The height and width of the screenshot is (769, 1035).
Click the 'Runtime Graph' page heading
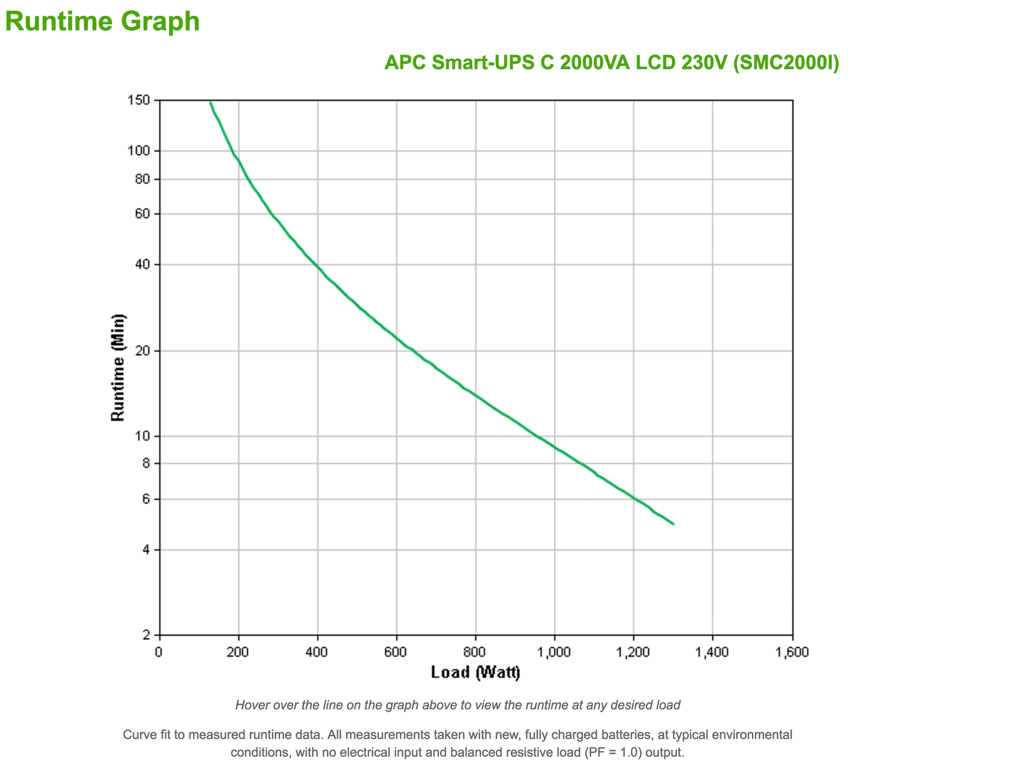coord(102,21)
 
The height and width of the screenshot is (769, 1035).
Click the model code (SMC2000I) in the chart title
coord(786,62)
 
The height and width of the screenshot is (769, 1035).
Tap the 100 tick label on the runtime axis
coord(141,151)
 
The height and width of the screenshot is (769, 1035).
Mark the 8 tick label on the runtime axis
coord(147,464)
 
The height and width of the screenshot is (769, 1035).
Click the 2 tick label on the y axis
coord(147,635)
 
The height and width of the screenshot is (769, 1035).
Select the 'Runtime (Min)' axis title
coord(118,368)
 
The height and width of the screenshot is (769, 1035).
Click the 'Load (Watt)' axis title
coord(476,672)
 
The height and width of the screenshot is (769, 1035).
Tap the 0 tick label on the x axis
coord(159,652)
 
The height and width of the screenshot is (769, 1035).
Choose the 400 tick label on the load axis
coord(317,652)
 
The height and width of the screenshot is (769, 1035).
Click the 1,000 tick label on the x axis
coord(554,652)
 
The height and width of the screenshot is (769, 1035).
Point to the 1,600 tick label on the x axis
coord(791,652)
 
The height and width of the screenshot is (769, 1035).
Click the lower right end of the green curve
coord(673,524)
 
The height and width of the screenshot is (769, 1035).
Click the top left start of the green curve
coord(211,103)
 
